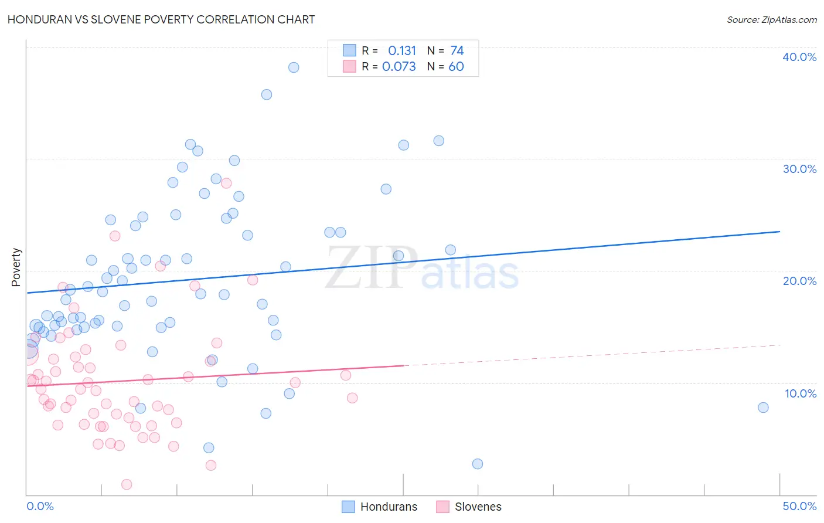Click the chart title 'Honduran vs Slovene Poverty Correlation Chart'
point(161,19)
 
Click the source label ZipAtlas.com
point(771,19)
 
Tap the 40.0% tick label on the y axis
point(799,57)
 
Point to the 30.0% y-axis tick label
point(799,169)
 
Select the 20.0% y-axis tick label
point(799,281)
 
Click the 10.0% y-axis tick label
point(800,393)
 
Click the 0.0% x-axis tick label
point(40,506)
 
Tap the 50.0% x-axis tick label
point(799,506)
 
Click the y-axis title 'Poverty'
point(16,267)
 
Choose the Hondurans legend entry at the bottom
point(379,507)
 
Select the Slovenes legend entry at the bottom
point(469,507)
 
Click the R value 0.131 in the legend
point(401,51)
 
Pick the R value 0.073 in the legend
point(399,67)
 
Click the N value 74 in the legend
point(457,51)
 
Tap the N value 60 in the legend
point(456,67)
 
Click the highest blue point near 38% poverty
point(294,67)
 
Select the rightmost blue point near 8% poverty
point(763,407)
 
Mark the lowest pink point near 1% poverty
point(127,484)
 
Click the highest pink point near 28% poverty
point(226,183)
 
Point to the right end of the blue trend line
point(779,232)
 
